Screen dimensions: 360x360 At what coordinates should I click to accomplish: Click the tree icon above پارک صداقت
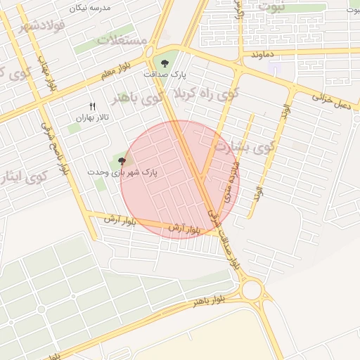[165, 63]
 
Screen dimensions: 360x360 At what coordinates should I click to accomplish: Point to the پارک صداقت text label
[161, 74]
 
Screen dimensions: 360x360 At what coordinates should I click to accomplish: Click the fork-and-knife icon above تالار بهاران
[92, 106]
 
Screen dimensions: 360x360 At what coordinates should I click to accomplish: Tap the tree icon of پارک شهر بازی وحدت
[122, 161]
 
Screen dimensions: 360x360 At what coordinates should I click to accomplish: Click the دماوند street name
[261, 54]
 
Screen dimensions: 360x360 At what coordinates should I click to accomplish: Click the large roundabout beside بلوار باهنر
[251, 289]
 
